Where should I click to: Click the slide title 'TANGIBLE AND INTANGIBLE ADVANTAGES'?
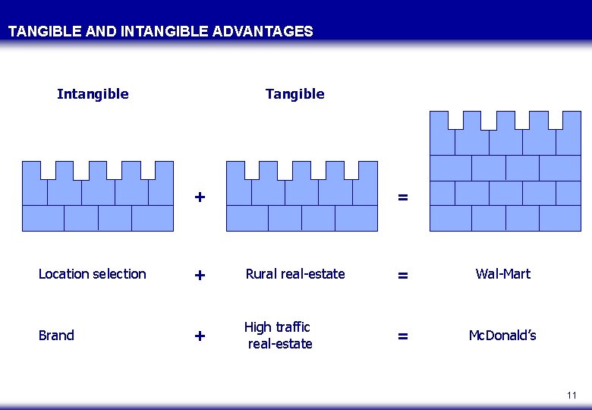160,32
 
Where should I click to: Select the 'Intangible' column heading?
93,94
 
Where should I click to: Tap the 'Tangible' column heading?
294,94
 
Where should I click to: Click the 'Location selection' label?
92,274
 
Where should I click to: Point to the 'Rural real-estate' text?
294,274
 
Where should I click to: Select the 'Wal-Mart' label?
502,274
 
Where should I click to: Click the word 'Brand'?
56,336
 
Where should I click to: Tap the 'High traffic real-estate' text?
279,336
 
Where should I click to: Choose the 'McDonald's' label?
502,336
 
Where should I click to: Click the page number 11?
572,396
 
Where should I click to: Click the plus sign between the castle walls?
200,197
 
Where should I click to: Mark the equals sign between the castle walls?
403,198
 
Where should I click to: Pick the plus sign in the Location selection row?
200,276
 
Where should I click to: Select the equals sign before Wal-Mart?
403,276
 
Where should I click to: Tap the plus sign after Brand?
200,336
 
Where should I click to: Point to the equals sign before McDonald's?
403,336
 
